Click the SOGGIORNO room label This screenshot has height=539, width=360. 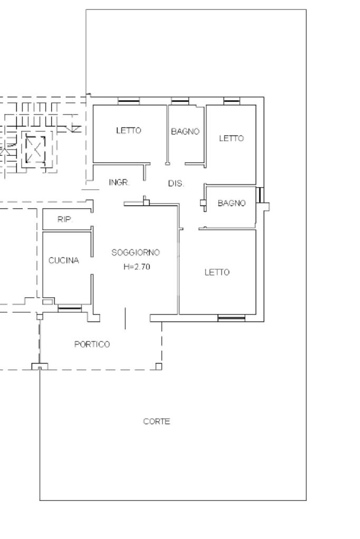(x=135, y=252)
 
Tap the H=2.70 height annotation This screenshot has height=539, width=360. (x=137, y=267)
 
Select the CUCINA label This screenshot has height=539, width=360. (x=64, y=261)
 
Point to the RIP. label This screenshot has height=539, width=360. (x=65, y=219)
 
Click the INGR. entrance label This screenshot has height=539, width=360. (x=119, y=182)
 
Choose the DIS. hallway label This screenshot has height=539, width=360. (x=176, y=183)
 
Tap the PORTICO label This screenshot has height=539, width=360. (x=92, y=344)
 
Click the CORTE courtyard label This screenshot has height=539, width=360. (x=157, y=422)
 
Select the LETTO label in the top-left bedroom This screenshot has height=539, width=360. (x=129, y=131)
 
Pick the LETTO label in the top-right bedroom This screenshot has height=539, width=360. (x=231, y=138)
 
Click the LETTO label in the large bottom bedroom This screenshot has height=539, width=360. (x=217, y=272)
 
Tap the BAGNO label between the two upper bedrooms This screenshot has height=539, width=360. (x=186, y=131)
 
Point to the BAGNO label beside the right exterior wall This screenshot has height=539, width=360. (x=232, y=203)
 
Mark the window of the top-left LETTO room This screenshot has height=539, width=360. (x=129, y=101)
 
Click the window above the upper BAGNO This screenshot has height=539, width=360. (x=180, y=101)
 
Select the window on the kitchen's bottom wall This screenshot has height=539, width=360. (x=70, y=308)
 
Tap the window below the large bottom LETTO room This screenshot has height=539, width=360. (x=231, y=318)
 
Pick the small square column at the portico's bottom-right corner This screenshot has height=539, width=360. (x=159, y=366)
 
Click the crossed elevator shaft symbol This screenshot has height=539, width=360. (x=35, y=149)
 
